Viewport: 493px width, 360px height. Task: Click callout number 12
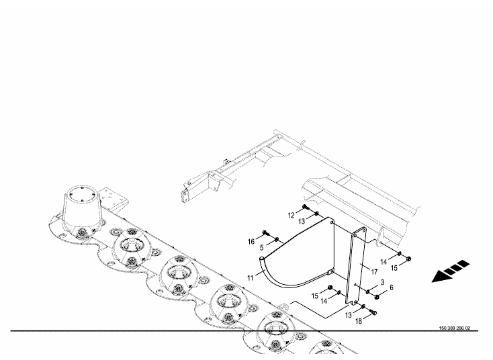coord(291,216)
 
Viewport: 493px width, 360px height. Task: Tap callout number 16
coord(251,242)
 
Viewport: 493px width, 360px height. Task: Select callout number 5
coord(261,248)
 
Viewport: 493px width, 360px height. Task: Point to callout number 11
coord(251,278)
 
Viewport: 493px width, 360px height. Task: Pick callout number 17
coord(374,271)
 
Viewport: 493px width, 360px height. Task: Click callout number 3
coord(382,282)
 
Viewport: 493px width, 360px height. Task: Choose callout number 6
coord(391,287)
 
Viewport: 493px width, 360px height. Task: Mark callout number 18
coord(359,321)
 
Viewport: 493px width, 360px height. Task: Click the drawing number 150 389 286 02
coord(455,328)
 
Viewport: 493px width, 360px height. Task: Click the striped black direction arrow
coord(451,271)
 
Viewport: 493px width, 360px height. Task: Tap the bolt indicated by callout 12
coord(306,207)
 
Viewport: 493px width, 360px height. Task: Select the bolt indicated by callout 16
coord(266,233)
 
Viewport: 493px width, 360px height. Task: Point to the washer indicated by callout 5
coord(277,240)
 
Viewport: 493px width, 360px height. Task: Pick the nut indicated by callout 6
coord(377,296)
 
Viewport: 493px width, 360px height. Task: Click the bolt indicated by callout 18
coord(373,312)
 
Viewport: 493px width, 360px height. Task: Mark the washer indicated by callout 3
coord(368,292)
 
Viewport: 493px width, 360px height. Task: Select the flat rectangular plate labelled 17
coord(356,267)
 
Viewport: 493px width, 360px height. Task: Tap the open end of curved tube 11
coord(262,259)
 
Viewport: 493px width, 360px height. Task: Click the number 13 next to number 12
coord(302,222)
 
